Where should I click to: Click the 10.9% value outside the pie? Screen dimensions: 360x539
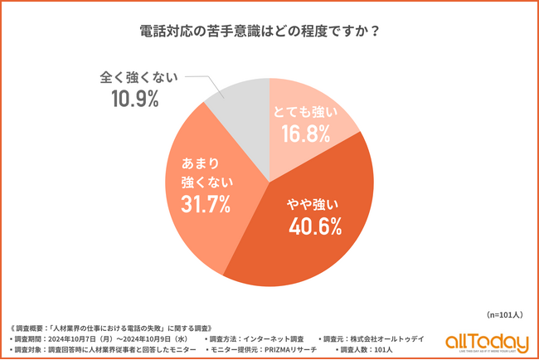point(136,100)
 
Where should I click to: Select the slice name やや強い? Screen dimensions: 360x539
point(314,203)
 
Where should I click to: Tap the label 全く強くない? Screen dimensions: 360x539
point(136,78)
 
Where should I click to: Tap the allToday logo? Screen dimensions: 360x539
point(486,342)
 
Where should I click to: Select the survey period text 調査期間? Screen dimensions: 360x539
point(98,338)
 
